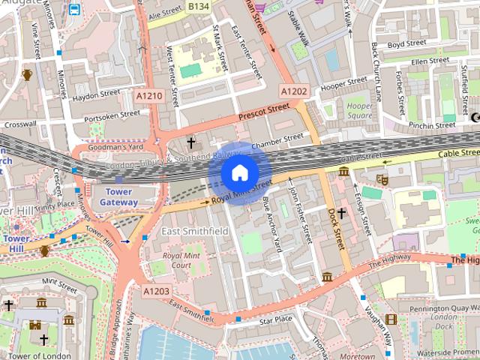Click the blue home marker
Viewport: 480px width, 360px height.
[239, 172]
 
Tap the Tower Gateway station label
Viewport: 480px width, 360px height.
[118, 197]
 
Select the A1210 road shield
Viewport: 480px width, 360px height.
[149, 96]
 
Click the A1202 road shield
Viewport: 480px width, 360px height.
[294, 91]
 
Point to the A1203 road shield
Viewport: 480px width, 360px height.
[156, 290]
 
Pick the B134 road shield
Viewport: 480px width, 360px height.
[199, 6]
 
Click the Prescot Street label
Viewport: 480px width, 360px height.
[263, 112]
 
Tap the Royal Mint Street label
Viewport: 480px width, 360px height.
[241, 191]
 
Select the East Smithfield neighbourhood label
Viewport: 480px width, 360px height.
[195, 232]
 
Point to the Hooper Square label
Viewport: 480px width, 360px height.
[359, 111]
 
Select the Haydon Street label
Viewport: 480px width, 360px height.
[96, 94]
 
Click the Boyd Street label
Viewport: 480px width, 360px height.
[406, 44]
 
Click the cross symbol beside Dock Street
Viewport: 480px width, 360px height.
[341, 213]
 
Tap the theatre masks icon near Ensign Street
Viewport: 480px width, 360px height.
[381, 180]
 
